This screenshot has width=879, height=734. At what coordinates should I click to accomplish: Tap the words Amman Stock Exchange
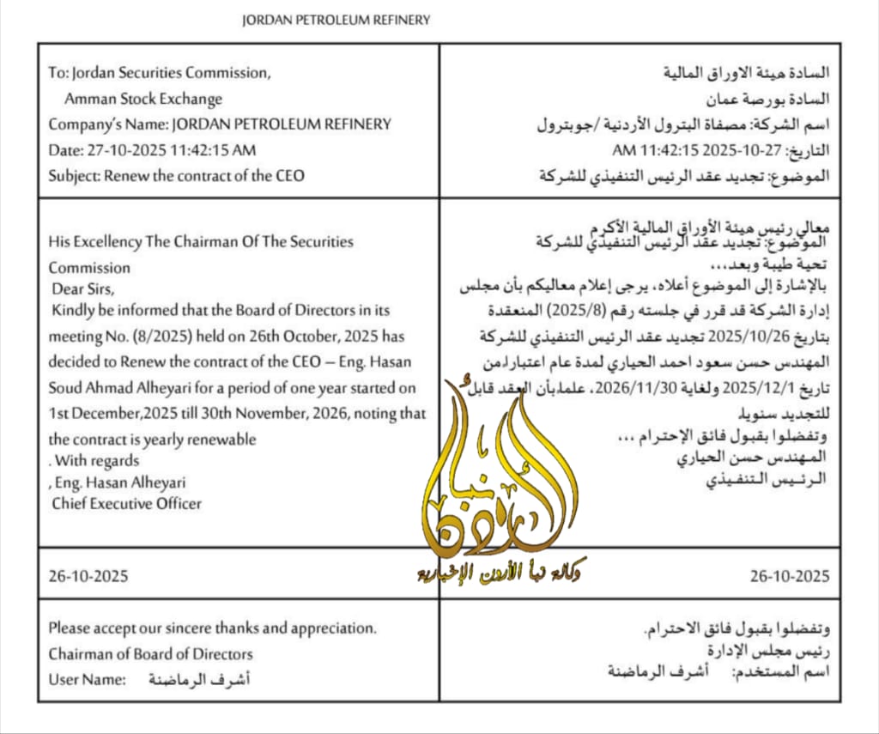143,99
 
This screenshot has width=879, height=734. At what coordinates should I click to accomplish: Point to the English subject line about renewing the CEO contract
176,176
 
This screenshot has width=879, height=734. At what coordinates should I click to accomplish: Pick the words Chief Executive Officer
126,504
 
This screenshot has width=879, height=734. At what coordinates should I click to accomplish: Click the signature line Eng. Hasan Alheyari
119,482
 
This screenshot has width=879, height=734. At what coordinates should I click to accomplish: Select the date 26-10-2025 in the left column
88,574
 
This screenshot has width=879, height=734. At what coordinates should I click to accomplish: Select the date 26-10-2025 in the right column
790,575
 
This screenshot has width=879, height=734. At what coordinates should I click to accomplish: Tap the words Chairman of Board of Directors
150,654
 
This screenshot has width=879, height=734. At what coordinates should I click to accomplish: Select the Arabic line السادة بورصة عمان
776,99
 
